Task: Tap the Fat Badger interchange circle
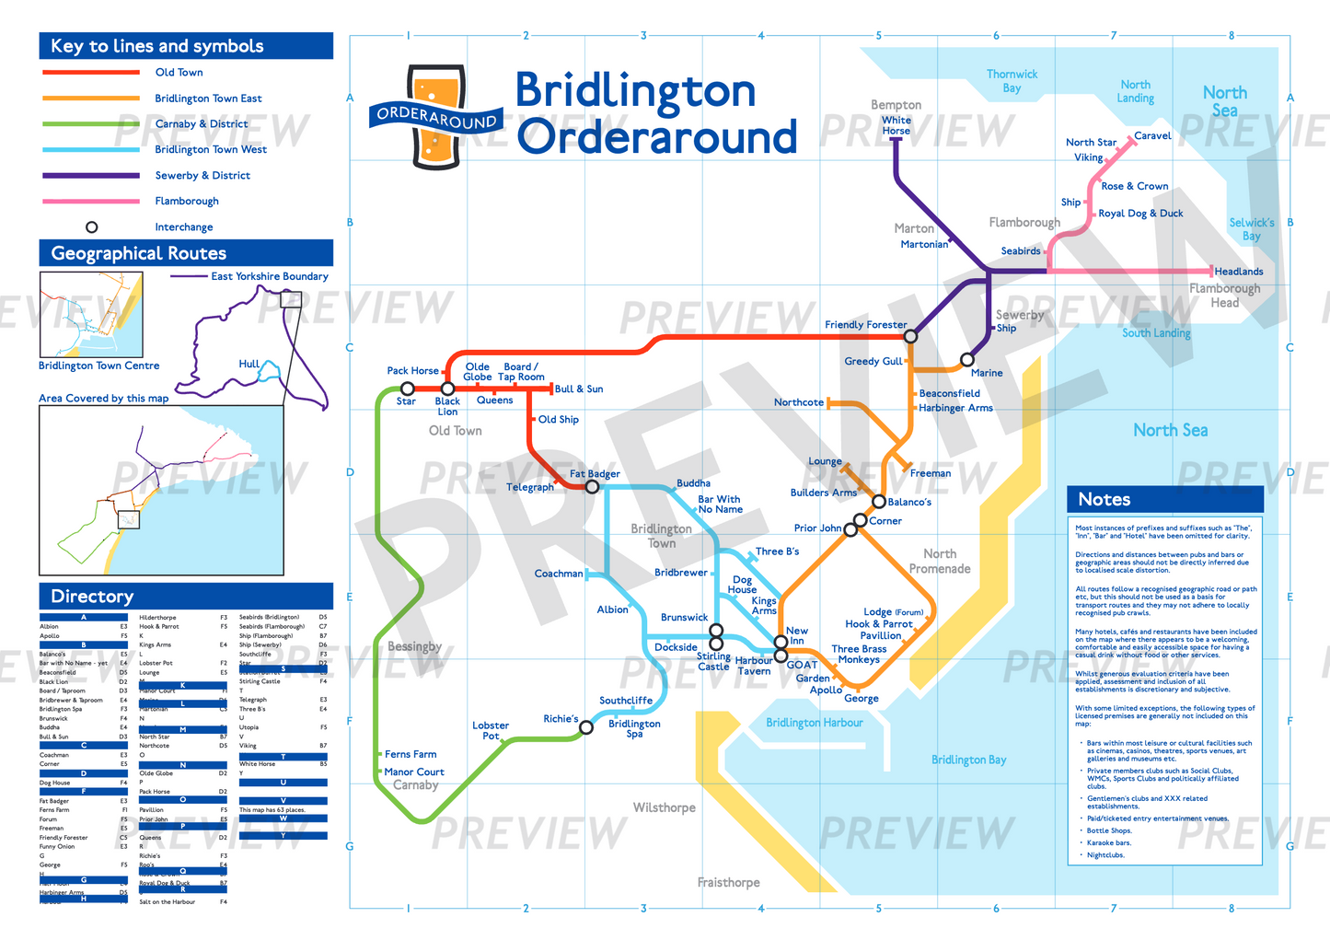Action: (x=593, y=486)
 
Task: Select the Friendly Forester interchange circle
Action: (x=910, y=337)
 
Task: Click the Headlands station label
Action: (x=1238, y=272)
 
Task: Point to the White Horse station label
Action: (x=896, y=125)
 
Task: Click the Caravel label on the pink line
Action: (x=1152, y=136)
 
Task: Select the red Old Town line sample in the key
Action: (x=90, y=72)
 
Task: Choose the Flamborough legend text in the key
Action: (x=187, y=201)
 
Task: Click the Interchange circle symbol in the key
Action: (x=91, y=227)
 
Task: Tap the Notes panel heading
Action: (x=1104, y=499)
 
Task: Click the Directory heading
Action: (x=92, y=597)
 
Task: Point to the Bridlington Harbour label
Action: (x=815, y=723)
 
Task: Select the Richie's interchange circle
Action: (x=586, y=727)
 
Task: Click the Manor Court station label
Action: (x=414, y=772)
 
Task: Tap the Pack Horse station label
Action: (x=412, y=371)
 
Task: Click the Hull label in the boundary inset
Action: (x=249, y=364)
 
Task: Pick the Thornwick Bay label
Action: (x=1012, y=81)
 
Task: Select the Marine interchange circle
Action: (x=966, y=360)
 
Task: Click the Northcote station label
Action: (x=798, y=402)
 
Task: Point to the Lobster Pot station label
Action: (x=491, y=731)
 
